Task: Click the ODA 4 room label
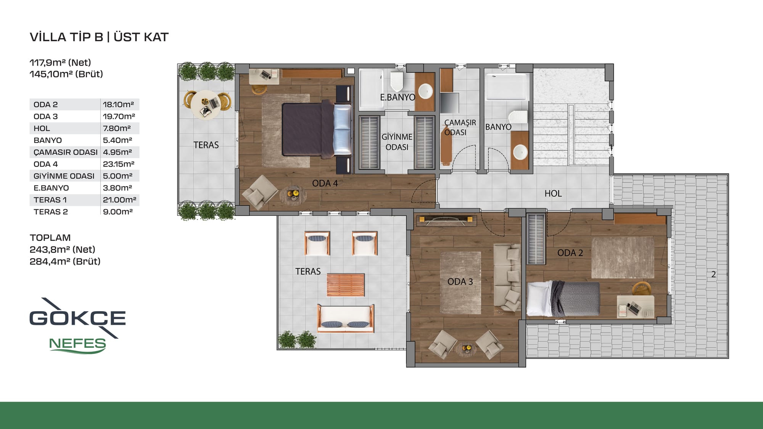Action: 325,183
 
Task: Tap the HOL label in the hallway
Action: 553,194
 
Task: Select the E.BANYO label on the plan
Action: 398,97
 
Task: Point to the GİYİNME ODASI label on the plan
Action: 397,142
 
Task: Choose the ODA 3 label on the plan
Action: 460,282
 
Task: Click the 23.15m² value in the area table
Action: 119,164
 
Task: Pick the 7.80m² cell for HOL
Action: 117,129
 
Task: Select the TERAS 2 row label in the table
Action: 51,212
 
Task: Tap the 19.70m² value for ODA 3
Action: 119,116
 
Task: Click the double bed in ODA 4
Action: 317,129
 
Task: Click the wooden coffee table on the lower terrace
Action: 346,285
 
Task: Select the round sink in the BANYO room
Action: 520,152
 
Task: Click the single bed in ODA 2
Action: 563,299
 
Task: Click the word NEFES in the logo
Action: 77,344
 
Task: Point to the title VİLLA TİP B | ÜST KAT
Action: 99,37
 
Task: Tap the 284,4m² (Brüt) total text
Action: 65,262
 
